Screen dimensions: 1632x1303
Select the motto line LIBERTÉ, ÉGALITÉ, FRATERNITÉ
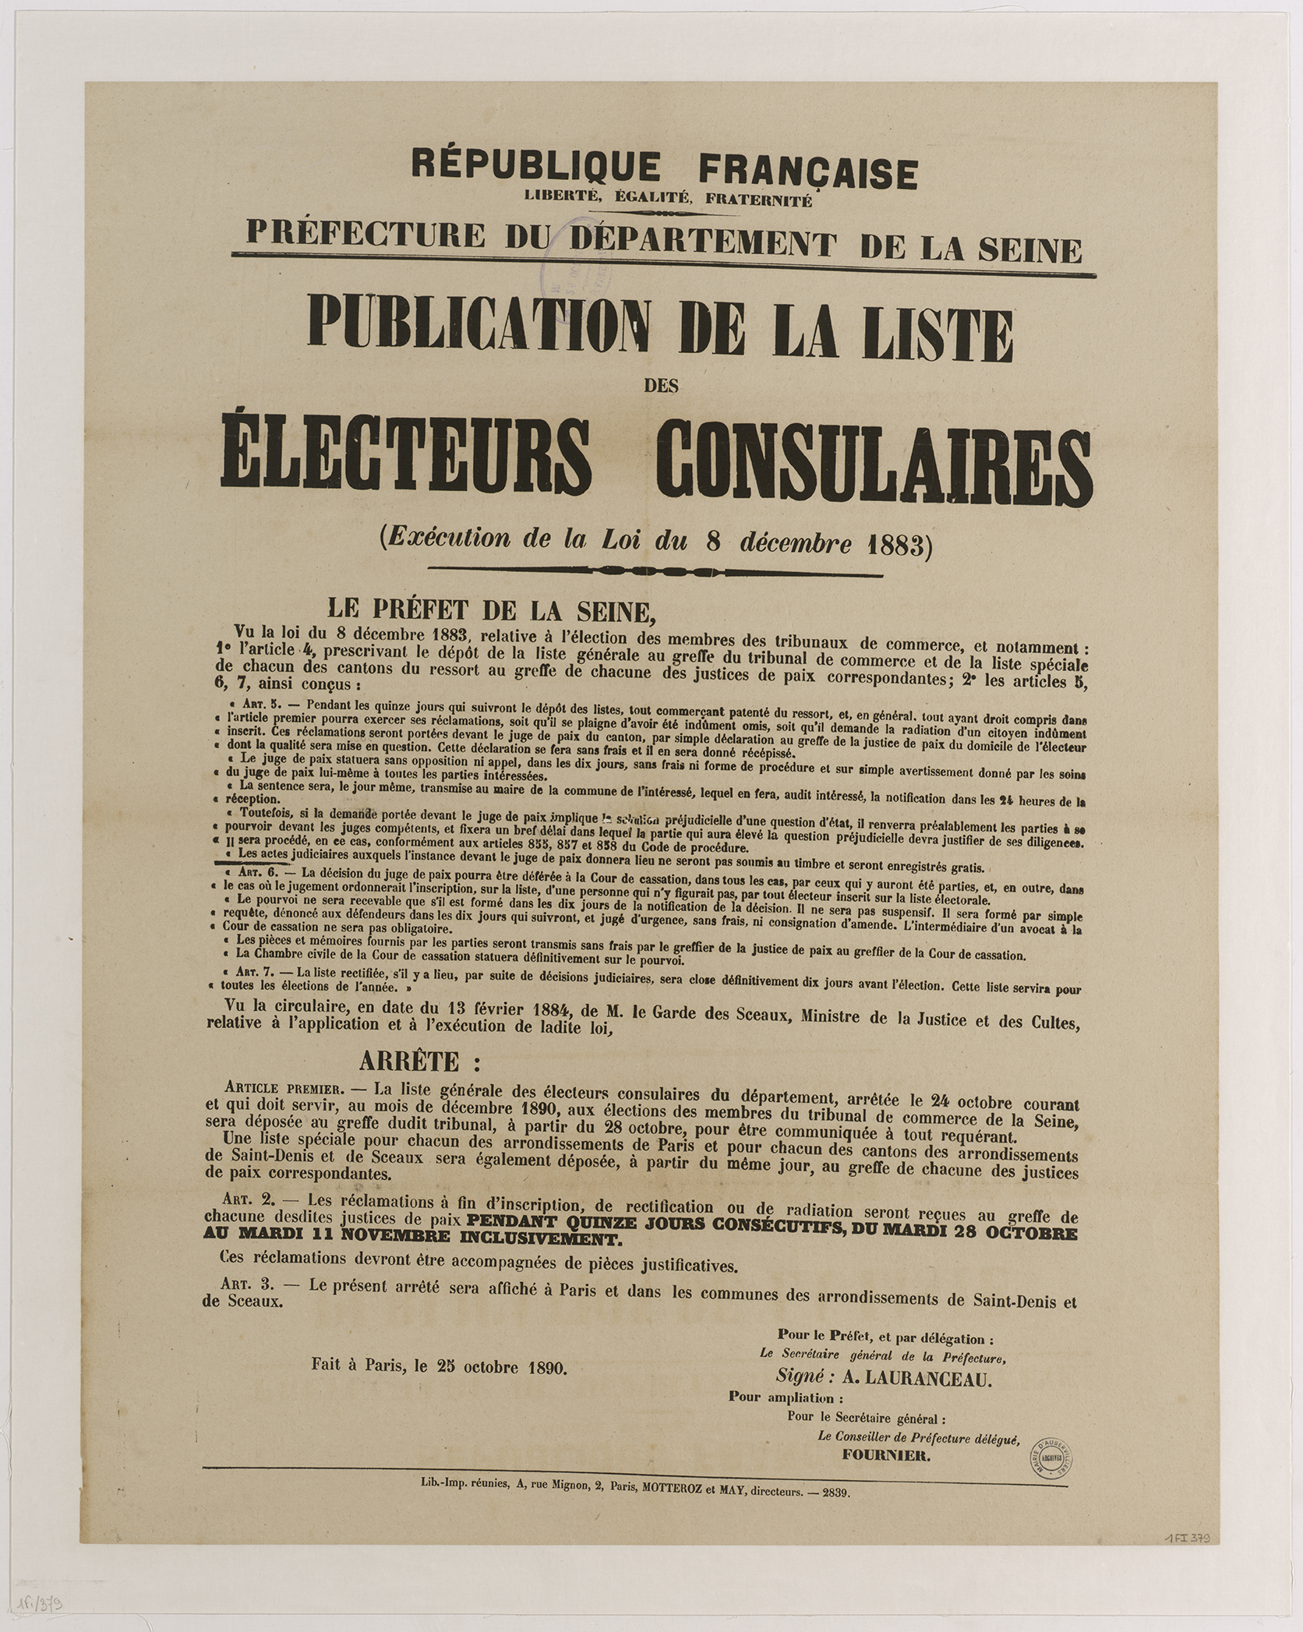coord(669,201)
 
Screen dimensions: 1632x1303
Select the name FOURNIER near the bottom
coord(885,1455)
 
